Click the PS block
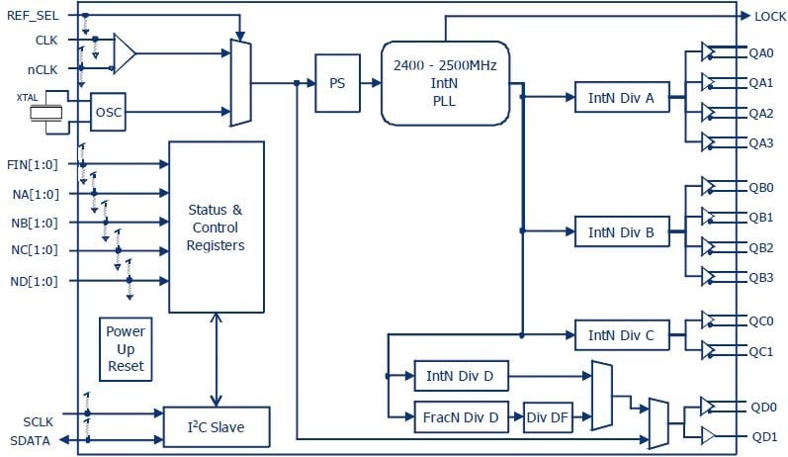pyautogui.click(x=337, y=83)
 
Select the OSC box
pyautogui.click(x=108, y=112)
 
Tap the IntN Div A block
pyautogui.click(x=622, y=97)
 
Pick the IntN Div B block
pyautogui.click(x=622, y=231)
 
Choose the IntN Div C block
pyautogui.click(x=622, y=334)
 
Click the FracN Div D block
pyautogui.click(x=461, y=416)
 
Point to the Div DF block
pyautogui.click(x=548, y=416)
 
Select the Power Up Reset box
pyautogui.click(x=126, y=349)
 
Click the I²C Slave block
pyautogui.click(x=217, y=427)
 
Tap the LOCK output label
pyautogui.click(x=770, y=17)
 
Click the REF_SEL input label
pyautogui.click(x=33, y=16)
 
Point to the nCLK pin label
pyautogui.click(x=43, y=69)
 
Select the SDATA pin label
pyautogui.click(x=30, y=441)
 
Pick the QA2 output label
pyautogui.click(x=761, y=113)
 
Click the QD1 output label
pyautogui.click(x=764, y=437)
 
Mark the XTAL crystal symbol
pyautogui.click(x=45, y=113)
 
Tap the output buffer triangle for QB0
pyautogui.click(x=708, y=186)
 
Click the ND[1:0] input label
pyautogui.click(x=35, y=281)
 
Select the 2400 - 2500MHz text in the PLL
pyautogui.click(x=445, y=65)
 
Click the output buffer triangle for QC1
pyautogui.click(x=708, y=350)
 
